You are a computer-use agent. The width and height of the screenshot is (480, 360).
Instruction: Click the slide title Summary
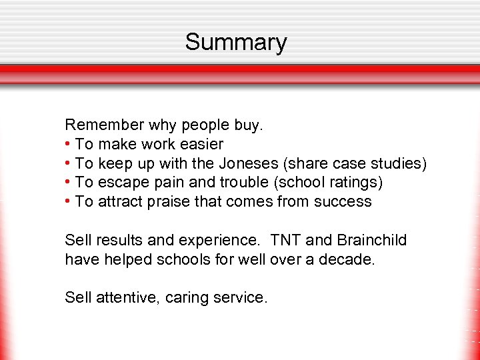pyautogui.click(x=236, y=42)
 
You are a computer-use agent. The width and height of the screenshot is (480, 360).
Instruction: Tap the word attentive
pyautogui.click(x=126, y=298)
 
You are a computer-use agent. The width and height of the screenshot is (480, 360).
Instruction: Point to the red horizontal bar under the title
pyautogui.click(x=240, y=69)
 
